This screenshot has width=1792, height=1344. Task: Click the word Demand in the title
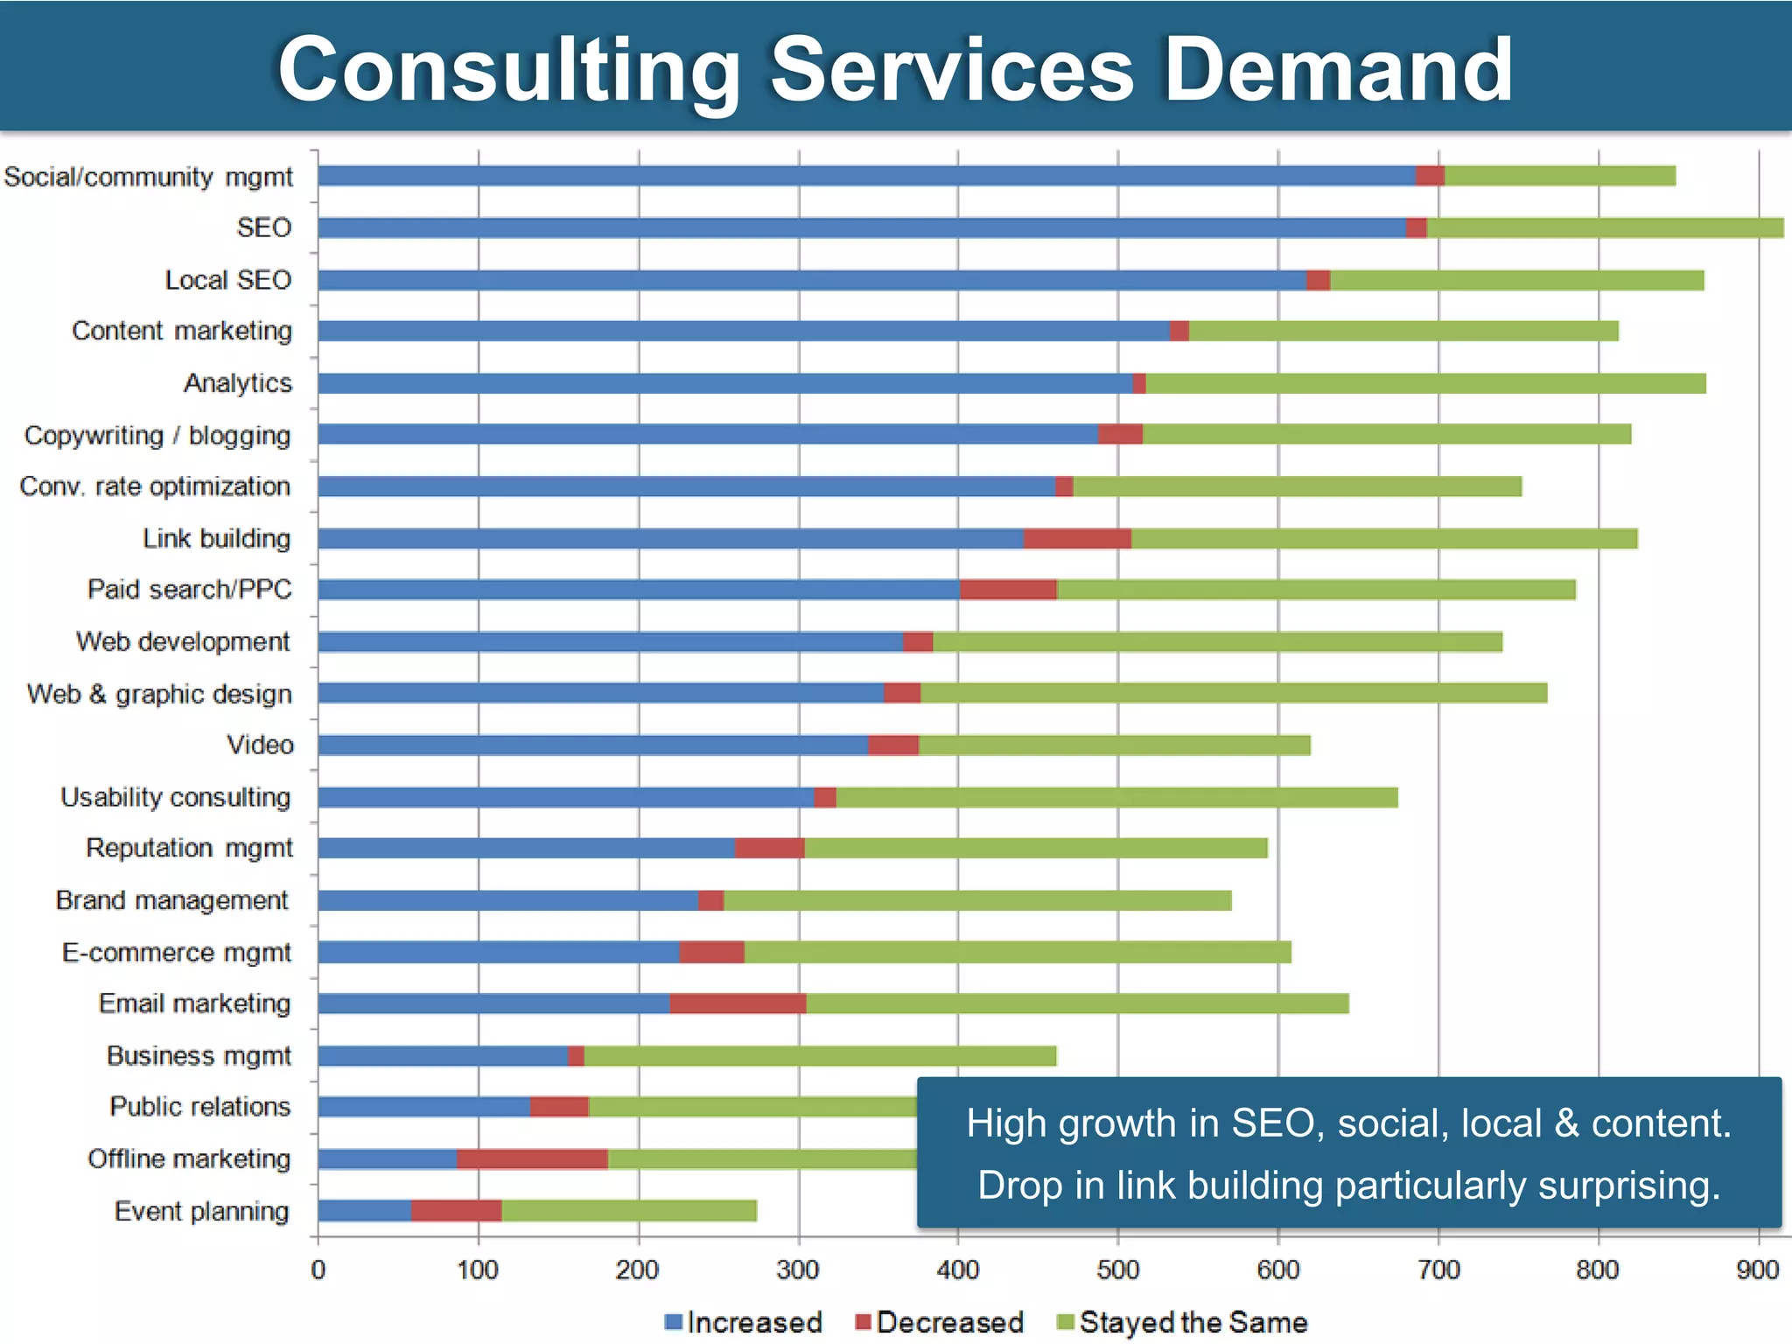point(1338,70)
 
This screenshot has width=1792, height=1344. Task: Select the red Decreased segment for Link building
point(1077,538)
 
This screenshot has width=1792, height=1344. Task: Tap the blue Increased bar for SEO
point(862,227)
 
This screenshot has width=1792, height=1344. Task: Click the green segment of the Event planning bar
point(629,1211)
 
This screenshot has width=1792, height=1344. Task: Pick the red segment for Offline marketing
point(532,1159)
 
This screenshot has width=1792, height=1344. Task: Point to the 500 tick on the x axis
point(1117,1270)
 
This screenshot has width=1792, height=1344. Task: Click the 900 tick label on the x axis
point(1758,1270)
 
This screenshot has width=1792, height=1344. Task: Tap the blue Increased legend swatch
point(673,1322)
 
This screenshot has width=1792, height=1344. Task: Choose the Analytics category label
point(238,383)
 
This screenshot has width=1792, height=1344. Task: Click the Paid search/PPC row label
point(190,590)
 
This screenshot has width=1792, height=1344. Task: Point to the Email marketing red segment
point(738,1004)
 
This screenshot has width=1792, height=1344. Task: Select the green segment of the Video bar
point(1114,745)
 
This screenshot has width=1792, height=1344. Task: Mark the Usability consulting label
point(176,797)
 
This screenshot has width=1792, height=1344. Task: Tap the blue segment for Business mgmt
point(443,1056)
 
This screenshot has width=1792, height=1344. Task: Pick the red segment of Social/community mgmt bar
point(1430,176)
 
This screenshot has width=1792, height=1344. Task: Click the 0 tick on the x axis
point(318,1270)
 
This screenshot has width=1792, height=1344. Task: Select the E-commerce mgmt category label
point(177,952)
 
